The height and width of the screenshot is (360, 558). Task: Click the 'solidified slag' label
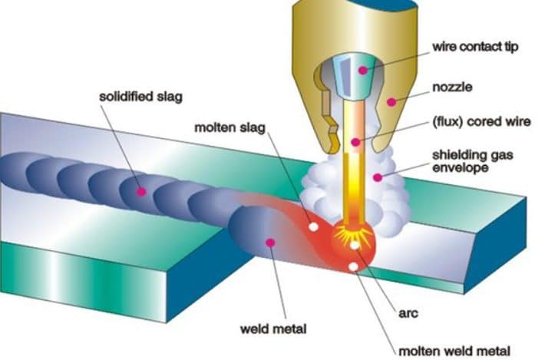[135, 97]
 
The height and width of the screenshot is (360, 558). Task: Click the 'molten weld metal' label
[449, 349]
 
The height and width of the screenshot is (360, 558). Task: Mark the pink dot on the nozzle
[390, 101]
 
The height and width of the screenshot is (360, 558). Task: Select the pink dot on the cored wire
[355, 142]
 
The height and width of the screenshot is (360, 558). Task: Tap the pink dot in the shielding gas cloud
[376, 177]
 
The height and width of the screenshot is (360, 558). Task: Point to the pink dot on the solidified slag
[141, 190]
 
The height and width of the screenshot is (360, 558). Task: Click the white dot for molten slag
[312, 227]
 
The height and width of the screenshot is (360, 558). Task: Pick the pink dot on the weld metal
[269, 243]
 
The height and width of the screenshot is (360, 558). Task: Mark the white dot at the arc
[355, 246]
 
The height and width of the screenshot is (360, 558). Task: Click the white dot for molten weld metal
[352, 266]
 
